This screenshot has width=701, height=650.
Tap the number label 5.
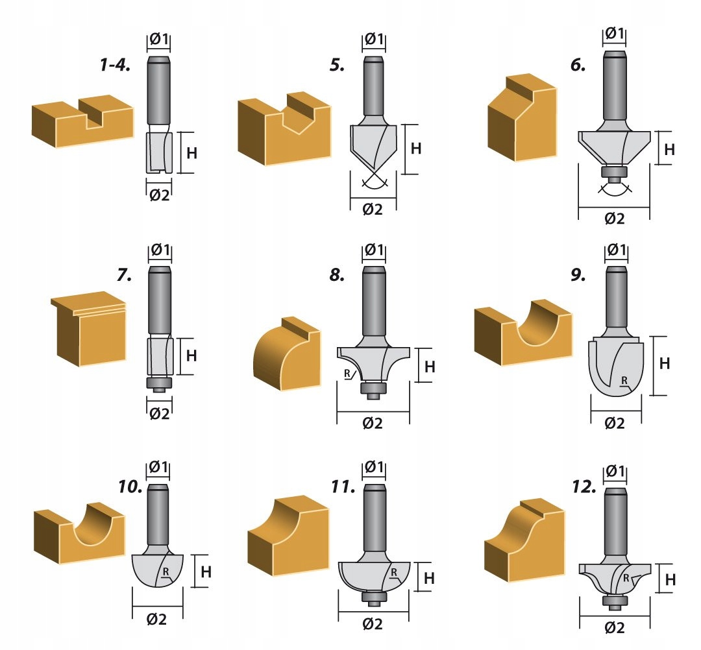click(336, 66)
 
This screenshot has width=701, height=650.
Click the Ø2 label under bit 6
click(614, 219)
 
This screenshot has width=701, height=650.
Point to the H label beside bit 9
click(665, 364)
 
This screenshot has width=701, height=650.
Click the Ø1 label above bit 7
click(160, 250)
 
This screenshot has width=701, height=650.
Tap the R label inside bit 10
click(166, 572)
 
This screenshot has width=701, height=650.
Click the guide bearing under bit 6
click(613, 173)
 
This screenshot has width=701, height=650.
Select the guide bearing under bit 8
click(373, 389)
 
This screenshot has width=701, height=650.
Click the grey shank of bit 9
click(617, 298)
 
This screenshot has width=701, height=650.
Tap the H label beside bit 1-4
click(192, 153)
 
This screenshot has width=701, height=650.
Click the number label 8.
click(336, 274)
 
